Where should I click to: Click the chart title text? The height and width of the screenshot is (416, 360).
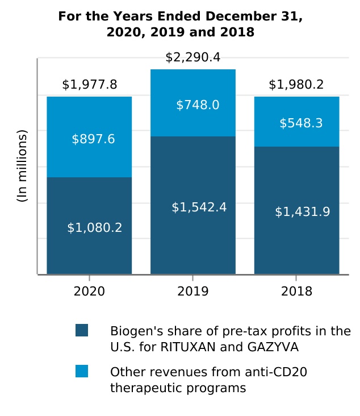coord(180,24)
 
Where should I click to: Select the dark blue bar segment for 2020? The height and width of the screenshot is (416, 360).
coord(89,250)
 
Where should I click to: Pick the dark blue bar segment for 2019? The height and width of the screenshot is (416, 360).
coord(193,239)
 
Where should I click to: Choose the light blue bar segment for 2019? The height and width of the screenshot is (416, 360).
coord(193,122)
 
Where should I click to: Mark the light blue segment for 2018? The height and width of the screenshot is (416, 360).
coord(296,136)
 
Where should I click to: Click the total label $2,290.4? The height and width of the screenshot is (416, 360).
coord(193,57)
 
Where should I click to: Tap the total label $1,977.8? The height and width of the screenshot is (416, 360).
coord(89,85)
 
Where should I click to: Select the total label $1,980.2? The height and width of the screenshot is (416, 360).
coord(296,85)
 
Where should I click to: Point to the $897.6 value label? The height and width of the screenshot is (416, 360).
coord(93,139)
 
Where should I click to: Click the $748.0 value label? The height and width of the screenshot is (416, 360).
coord(198,105)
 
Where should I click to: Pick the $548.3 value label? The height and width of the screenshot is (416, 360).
coord(301,123)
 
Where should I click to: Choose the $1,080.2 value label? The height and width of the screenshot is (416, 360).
coord(95,228)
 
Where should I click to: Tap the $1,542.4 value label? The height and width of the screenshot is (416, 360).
coord(199,207)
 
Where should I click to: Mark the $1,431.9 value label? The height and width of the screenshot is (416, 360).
coord(303,212)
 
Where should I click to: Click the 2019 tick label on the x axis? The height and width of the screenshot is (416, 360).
coord(193,292)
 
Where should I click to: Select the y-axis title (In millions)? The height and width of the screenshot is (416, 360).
coord(22,166)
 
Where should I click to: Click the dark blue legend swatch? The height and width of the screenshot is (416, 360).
coord(82,330)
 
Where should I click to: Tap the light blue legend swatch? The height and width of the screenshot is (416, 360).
coord(82,371)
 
